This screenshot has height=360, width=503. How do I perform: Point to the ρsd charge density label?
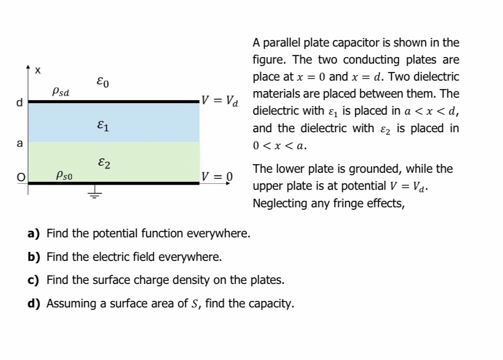[x=61, y=92]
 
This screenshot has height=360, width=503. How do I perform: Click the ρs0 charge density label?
[x=66, y=175]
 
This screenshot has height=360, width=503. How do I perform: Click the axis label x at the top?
[x=38, y=71]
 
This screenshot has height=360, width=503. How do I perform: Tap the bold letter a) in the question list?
[x=34, y=233]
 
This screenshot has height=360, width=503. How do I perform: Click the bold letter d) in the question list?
[x=34, y=303]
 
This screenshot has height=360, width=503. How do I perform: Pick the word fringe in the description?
[x=352, y=203]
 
